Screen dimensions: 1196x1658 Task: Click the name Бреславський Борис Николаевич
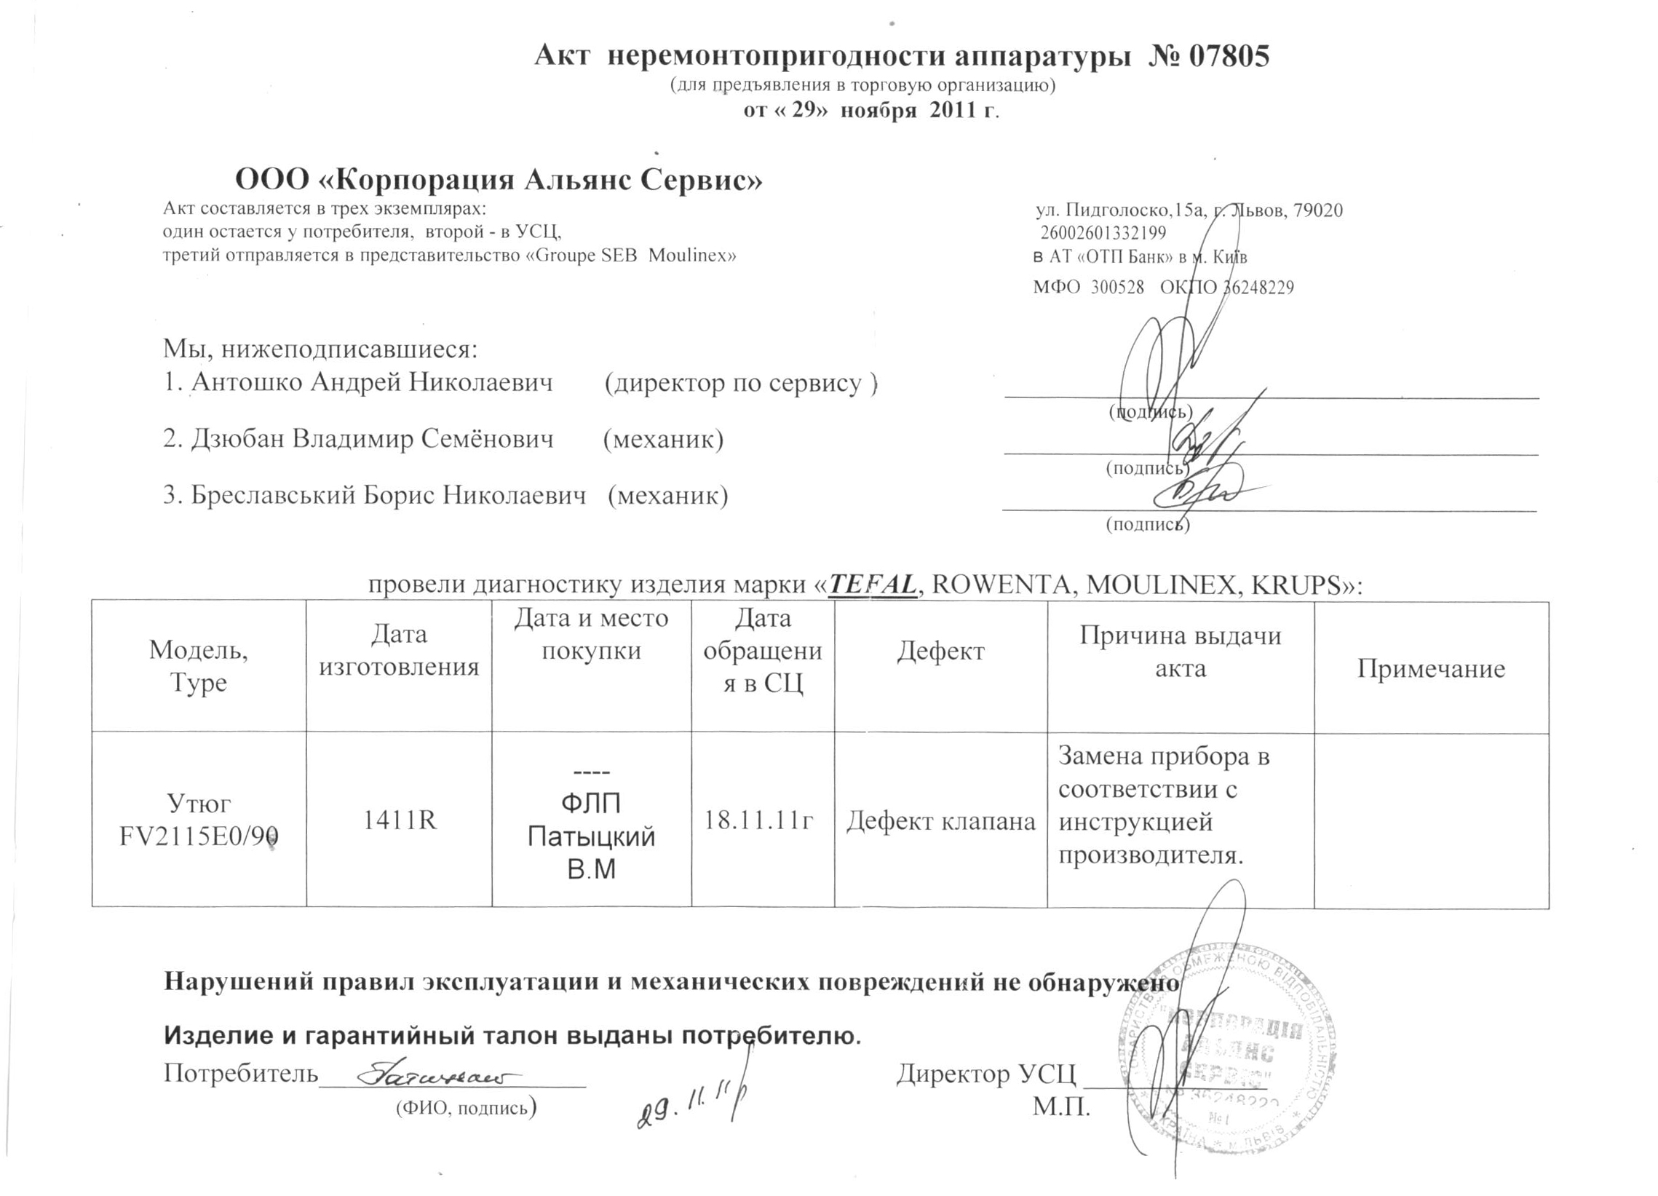[387, 495]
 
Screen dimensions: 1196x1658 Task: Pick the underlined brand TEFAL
[873, 584]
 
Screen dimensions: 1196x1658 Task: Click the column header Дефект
[940, 651]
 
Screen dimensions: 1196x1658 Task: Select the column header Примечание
[1431, 668]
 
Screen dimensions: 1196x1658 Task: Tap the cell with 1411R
[399, 820]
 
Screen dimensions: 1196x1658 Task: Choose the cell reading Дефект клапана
[940, 822]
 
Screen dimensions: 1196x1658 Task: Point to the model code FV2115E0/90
[199, 836]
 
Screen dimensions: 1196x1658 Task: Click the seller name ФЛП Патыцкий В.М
[591, 836]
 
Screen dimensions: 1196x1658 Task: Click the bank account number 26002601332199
[1103, 233]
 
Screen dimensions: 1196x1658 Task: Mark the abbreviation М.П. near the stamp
[1060, 1106]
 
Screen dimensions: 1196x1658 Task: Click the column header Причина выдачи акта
[1180, 652]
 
